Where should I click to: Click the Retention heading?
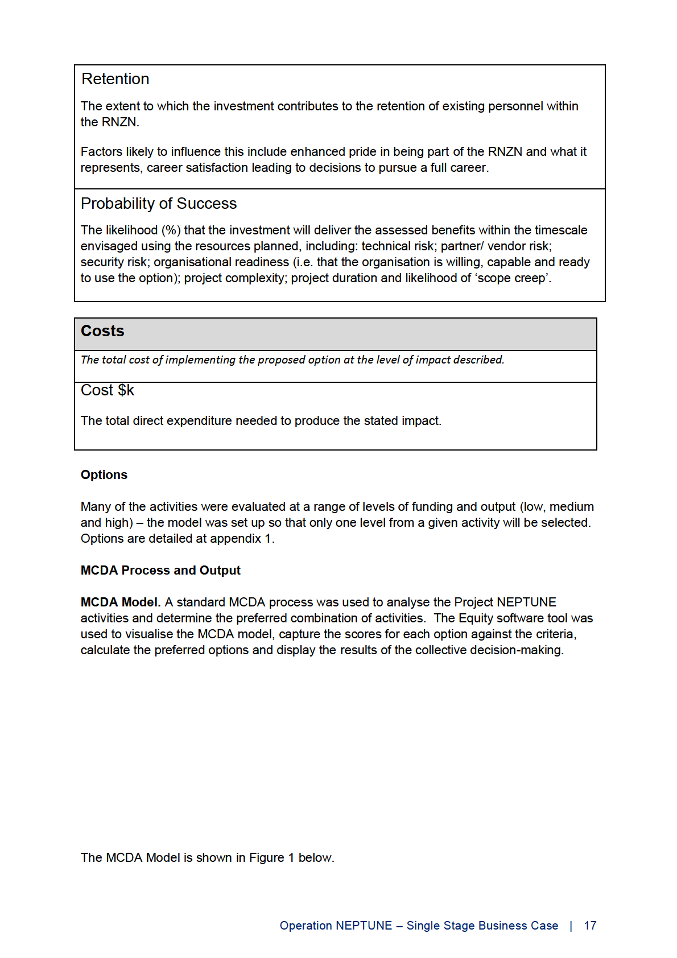(115, 79)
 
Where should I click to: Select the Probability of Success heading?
(159, 204)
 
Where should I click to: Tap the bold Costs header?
(102, 331)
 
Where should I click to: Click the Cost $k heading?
(108, 390)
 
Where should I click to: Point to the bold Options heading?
(104, 475)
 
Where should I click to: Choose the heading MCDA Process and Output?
(160, 571)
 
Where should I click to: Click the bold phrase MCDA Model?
(121, 602)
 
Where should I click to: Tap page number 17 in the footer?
(590, 926)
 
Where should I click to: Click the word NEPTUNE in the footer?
(364, 926)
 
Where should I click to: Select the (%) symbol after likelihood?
(171, 230)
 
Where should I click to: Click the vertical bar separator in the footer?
(571, 926)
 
